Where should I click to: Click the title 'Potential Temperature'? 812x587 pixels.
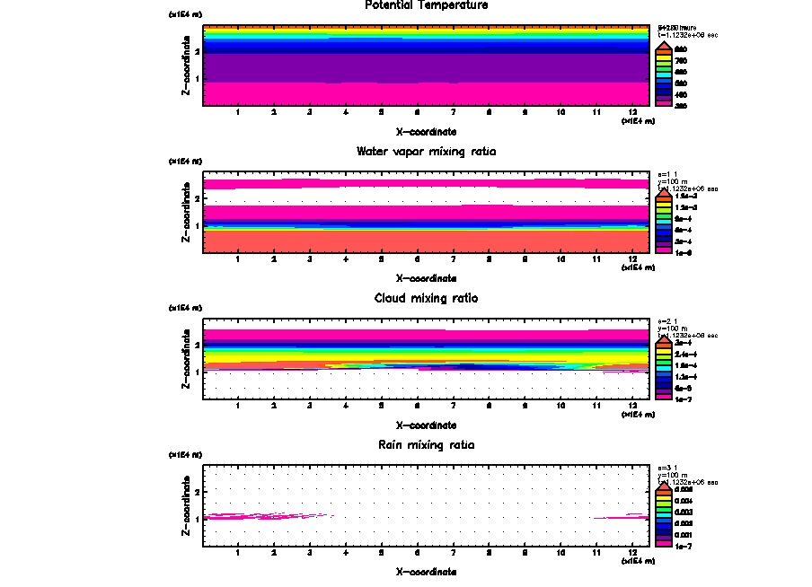point(427,5)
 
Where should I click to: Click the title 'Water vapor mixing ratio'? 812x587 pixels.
point(427,152)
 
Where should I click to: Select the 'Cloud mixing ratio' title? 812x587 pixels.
point(427,298)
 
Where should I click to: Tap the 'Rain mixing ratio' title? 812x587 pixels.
point(427,445)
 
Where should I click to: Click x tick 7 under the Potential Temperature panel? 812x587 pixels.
point(453,112)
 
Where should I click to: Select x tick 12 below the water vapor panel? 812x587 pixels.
point(633,259)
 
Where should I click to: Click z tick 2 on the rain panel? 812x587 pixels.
point(197,492)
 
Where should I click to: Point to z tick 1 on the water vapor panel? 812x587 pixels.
point(197,225)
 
